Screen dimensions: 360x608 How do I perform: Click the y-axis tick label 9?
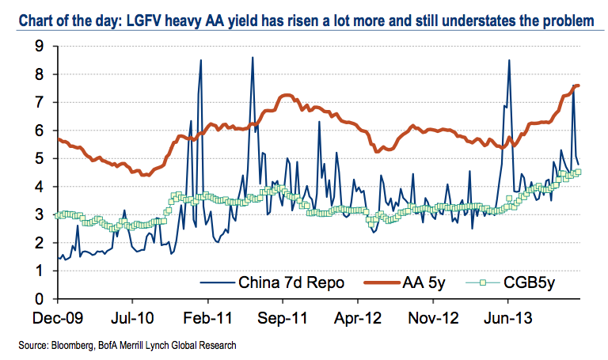coord(38,47)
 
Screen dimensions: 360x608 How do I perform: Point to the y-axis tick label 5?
coord(38,159)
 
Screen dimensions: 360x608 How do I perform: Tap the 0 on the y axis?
coord(38,299)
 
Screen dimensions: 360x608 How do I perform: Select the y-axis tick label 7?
coord(38,103)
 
